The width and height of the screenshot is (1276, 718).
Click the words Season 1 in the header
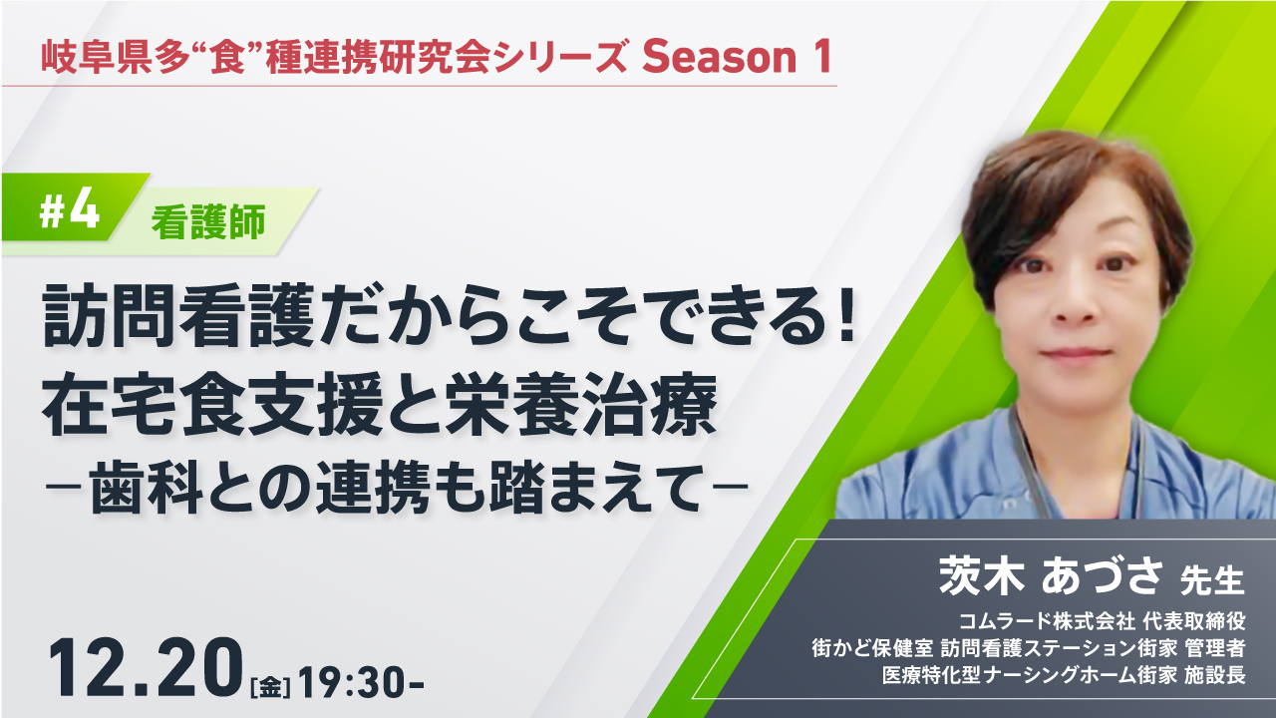[x=737, y=57]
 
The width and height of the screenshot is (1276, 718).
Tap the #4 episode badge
[x=70, y=212]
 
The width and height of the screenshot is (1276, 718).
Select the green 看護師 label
[x=208, y=222]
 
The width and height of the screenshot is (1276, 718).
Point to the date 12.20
[x=147, y=668]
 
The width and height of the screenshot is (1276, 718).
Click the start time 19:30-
[x=361, y=681]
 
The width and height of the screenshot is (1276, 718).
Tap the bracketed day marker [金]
[x=270, y=687]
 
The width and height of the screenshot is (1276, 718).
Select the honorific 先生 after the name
[x=1211, y=580]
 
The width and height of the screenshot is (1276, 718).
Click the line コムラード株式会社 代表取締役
[x=1102, y=621]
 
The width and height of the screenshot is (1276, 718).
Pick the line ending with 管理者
[x=1028, y=648]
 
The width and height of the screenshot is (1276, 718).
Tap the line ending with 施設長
[x=1064, y=675]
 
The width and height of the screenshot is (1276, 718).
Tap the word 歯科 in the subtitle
[x=147, y=488]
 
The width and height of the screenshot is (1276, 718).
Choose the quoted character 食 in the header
[x=227, y=57]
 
